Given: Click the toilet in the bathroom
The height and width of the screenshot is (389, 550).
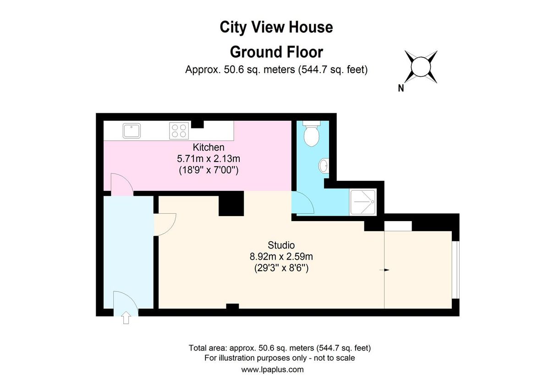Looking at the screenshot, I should [x=312, y=134].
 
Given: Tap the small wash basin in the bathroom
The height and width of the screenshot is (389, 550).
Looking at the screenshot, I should [x=324, y=166].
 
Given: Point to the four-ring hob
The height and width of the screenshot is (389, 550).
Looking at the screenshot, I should [x=179, y=130].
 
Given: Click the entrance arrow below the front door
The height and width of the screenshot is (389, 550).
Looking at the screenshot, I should [x=126, y=318].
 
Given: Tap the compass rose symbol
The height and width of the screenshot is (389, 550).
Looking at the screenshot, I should [x=419, y=67].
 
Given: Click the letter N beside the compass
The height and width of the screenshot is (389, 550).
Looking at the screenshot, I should [x=401, y=89].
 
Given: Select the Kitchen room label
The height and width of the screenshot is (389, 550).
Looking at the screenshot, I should [x=209, y=147].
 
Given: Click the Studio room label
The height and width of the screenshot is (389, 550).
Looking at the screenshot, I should [x=281, y=245].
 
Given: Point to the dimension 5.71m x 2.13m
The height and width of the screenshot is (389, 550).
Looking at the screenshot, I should [x=209, y=159].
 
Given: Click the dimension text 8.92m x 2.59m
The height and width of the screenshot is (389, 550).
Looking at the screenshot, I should [x=281, y=256].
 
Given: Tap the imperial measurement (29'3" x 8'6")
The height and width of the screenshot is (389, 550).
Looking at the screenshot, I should [x=281, y=268].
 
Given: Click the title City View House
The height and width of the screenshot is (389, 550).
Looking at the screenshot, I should [x=276, y=28].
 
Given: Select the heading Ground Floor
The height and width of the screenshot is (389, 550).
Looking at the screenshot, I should [x=276, y=52].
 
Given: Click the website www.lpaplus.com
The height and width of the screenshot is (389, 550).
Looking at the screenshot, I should [x=272, y=369].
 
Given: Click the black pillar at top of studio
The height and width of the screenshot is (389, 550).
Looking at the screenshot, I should [x=231, y=204].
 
